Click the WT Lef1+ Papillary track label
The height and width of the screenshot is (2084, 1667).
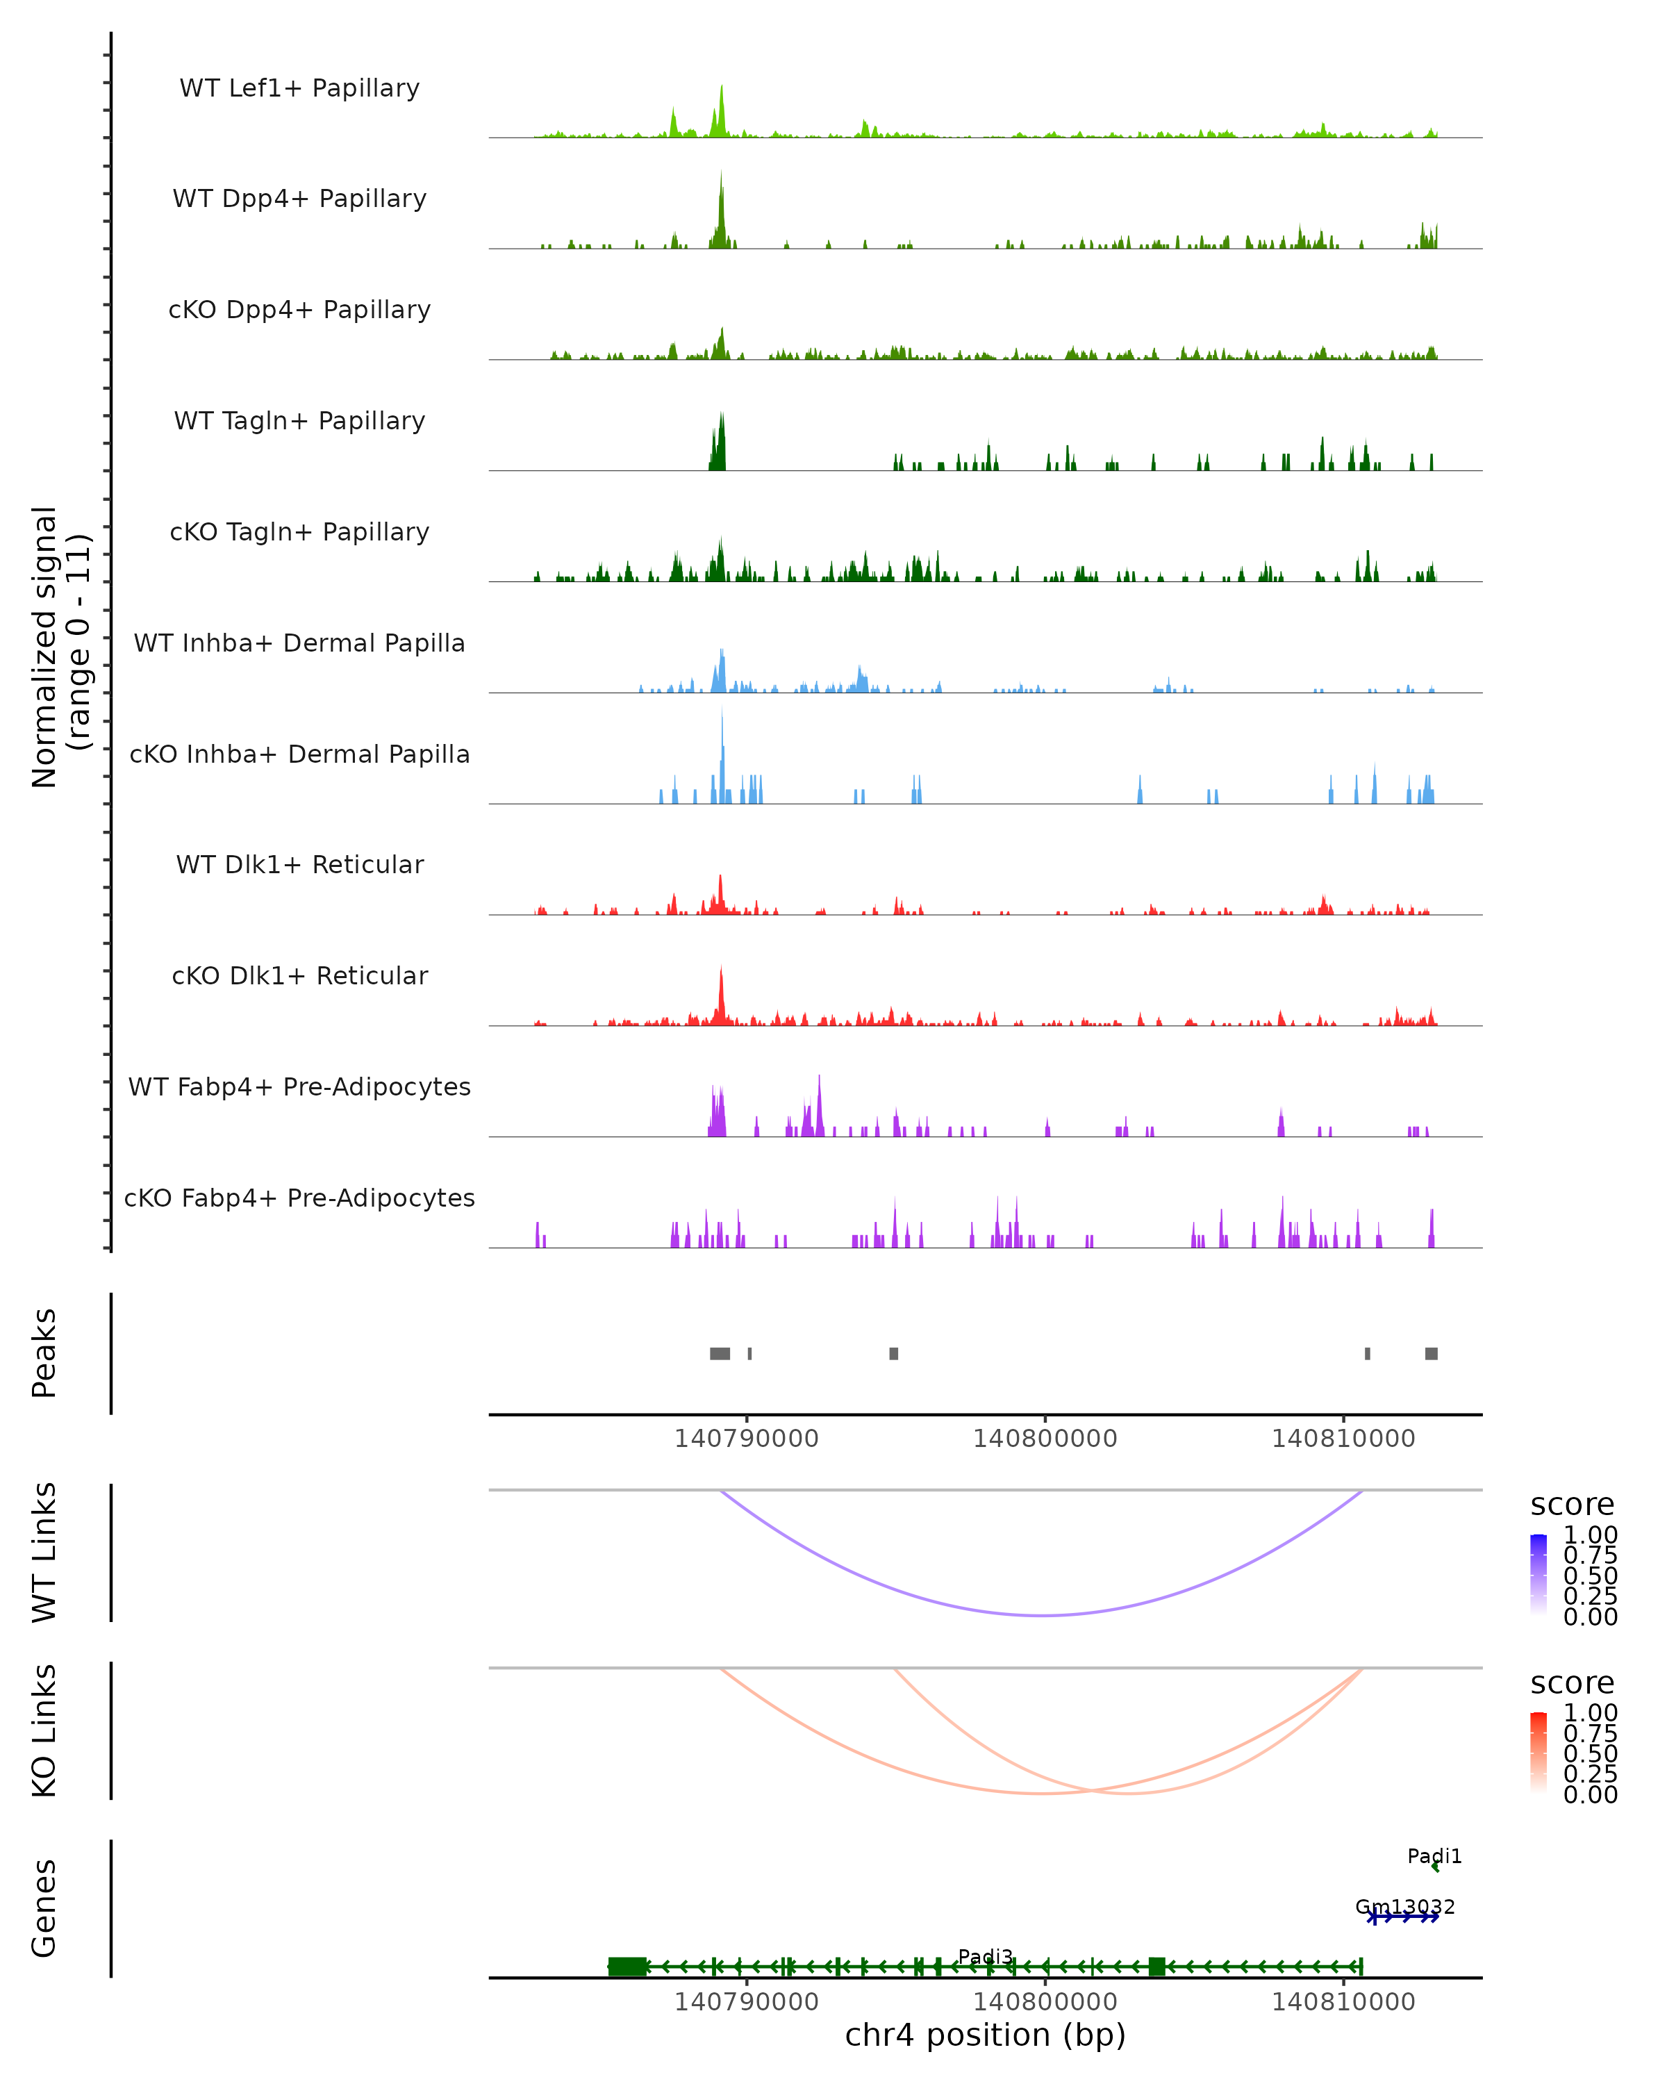point(299,88)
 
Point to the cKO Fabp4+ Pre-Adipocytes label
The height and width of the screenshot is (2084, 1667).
point(299,1198)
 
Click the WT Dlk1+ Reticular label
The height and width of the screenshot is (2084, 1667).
point(299,864)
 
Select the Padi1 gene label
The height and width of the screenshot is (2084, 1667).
point(1434,1856)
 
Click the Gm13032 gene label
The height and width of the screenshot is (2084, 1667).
point(1404,1907)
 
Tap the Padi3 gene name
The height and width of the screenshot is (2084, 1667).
point(985,1956)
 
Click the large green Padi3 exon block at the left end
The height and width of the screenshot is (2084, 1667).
point(627,1966)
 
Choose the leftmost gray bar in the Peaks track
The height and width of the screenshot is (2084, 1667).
point(720,1353)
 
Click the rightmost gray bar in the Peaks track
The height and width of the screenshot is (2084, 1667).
point(1432,1353)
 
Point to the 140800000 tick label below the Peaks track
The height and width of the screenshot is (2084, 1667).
point(1045,1439)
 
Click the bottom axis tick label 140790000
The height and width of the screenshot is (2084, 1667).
point(746,2002)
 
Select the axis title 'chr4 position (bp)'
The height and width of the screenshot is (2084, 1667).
point(985,2035)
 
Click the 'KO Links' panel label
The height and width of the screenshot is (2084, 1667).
point(44,1730)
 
